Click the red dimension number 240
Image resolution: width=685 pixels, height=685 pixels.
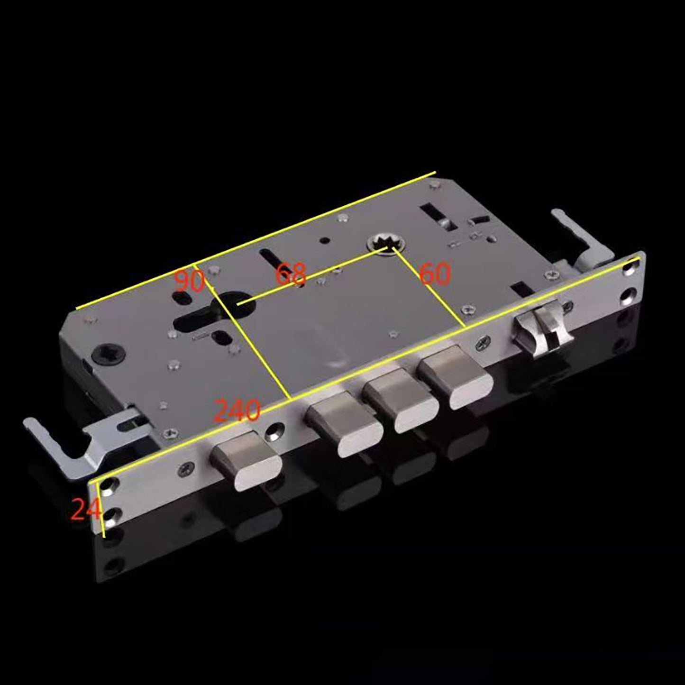(237, 411)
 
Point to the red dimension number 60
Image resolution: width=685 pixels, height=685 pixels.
(435, 274)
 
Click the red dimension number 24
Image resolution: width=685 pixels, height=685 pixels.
(86, 510)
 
